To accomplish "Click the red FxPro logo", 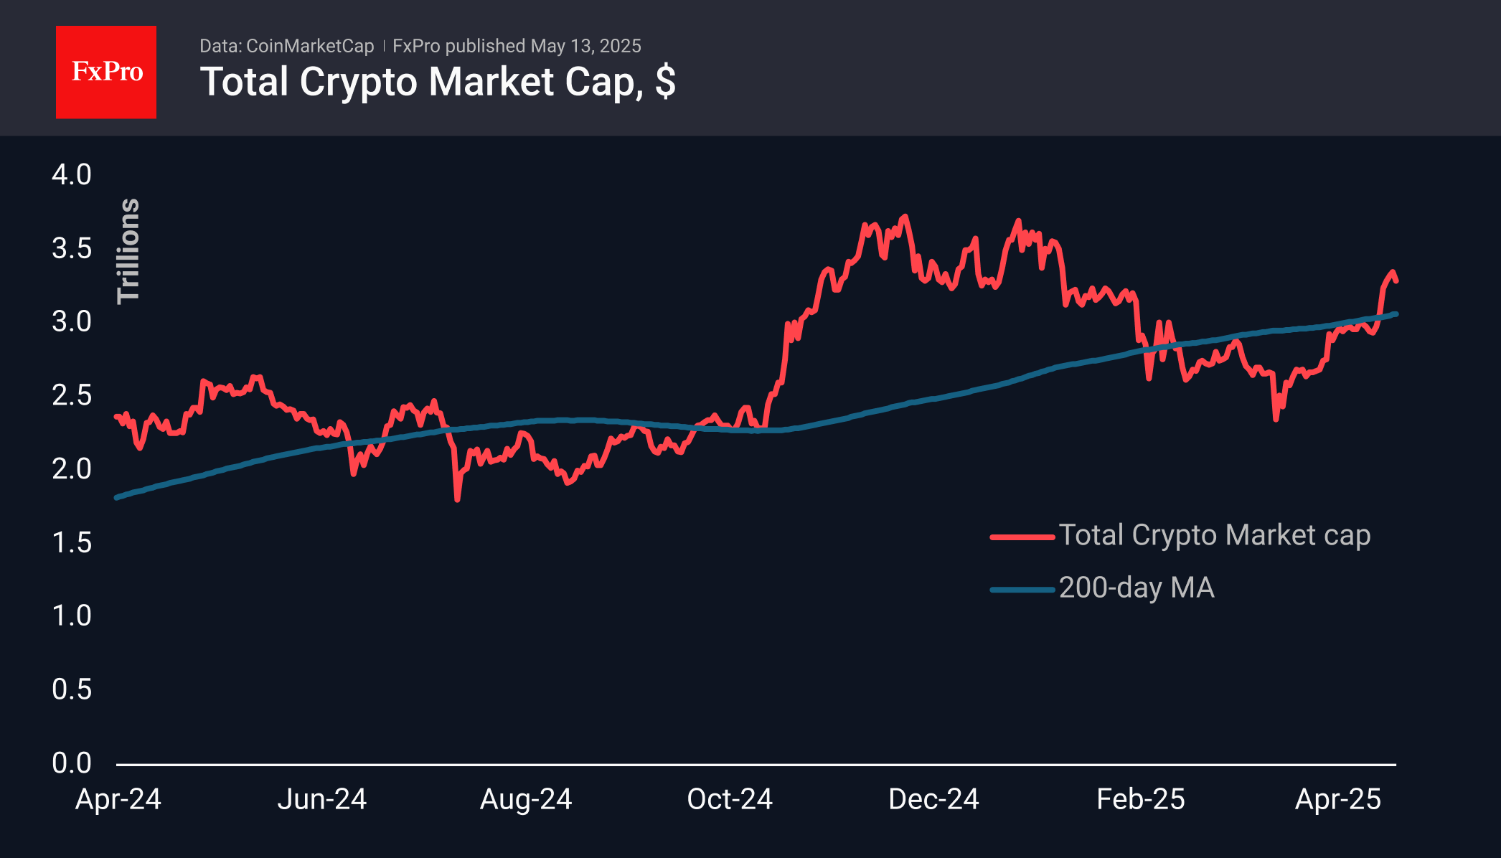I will tap(106, 72).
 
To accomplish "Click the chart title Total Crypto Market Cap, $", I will tap(438, 82).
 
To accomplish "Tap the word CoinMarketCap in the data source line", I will tap(310, 46).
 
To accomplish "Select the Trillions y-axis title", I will tap(128, 251).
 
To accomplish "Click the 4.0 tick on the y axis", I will tap(72, 174).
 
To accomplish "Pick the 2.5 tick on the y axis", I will tap(72, 395).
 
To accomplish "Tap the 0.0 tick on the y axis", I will tap(72, 763).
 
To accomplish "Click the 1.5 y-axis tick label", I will tap(72, 542).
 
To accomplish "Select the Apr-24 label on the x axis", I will tap(118, 799).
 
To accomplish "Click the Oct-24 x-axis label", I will tap(730, 799).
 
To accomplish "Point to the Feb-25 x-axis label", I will tap(1140, 799).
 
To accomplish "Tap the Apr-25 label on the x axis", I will tap(1337, 799).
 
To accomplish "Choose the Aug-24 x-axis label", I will tap(526, 799).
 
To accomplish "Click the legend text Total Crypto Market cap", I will tap(1214, 535).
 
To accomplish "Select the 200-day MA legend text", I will tap(1137, 588).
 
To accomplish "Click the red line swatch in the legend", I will tap(1022, 537).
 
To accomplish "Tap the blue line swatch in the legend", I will tap(1022, 590).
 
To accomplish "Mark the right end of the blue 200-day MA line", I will tap(1396, 313).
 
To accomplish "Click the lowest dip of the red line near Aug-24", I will tap(458, 499).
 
